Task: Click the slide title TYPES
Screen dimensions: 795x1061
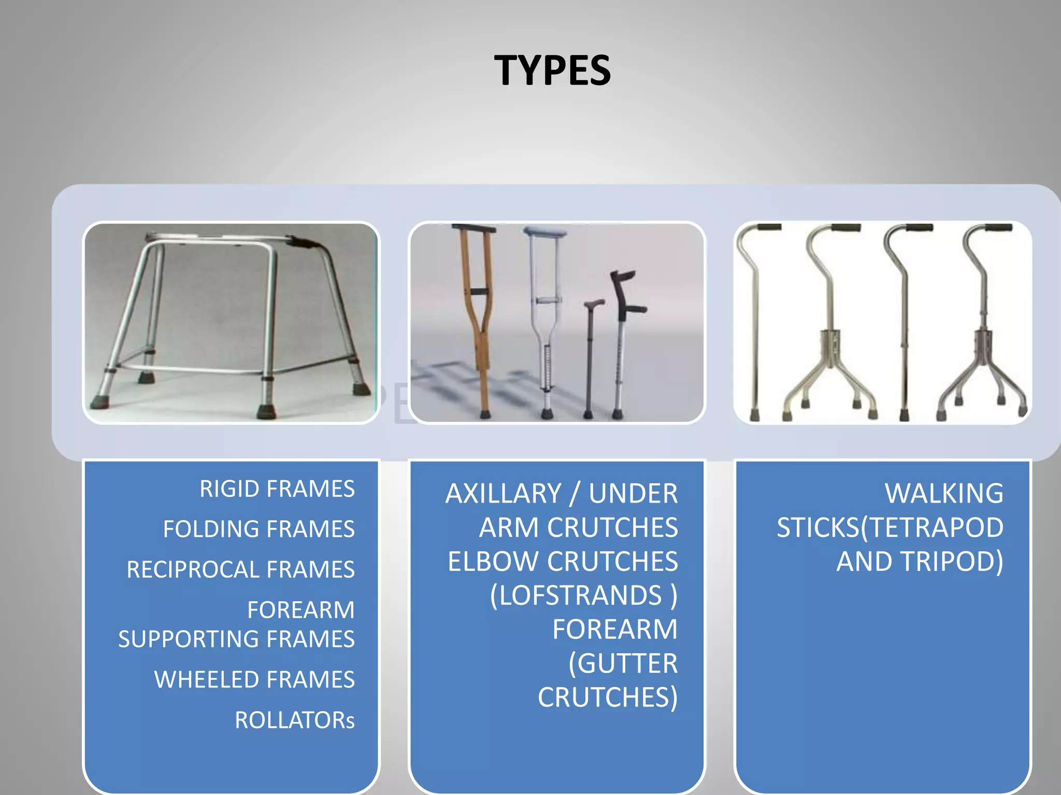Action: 552,71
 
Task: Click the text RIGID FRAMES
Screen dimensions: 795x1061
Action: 277,489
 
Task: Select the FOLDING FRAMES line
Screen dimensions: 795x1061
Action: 259,529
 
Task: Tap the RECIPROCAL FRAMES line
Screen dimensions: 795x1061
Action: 240,570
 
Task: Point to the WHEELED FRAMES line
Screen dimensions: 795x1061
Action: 254,680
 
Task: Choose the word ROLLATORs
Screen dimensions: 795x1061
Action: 295,720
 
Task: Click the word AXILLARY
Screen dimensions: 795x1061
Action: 503,494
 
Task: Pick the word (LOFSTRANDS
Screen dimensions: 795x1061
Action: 576,596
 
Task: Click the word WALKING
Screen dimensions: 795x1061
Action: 944,494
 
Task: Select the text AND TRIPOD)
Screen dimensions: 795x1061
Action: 920,562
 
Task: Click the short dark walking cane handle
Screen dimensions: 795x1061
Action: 594,303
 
